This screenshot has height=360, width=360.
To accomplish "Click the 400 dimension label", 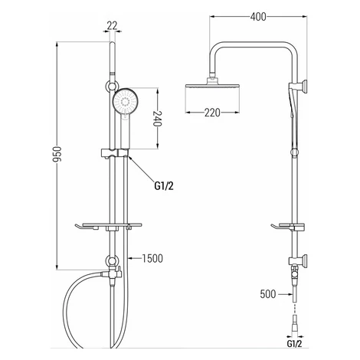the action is click(x=258, y=17).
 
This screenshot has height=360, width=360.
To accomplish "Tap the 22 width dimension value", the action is click(x=112, y=26).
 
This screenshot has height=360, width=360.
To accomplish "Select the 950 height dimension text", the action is click(x=57, y=154).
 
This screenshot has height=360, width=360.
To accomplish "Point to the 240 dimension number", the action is click(x=158, y=119).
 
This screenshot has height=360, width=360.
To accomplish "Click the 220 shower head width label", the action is click(x=212, y=113).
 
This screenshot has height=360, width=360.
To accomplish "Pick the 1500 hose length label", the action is click(x=152, y=258).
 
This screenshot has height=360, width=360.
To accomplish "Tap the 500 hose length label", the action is click(x=268, y=294).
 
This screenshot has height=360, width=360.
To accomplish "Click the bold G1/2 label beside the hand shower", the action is click(x=164, y=185).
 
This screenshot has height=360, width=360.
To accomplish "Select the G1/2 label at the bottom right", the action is click(x=294, y=344).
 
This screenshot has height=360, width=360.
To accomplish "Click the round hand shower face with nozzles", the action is click(x=125, y=102).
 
